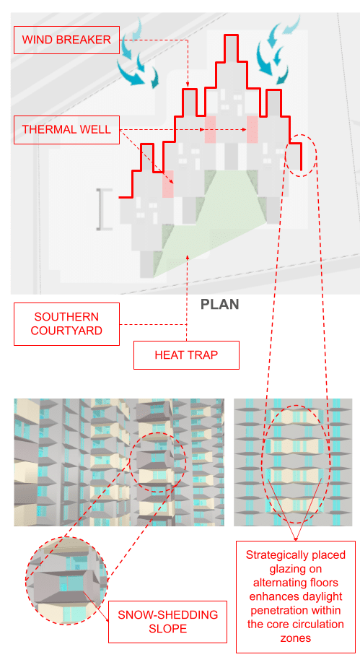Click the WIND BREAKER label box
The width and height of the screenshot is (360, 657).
click(x=66, y=40)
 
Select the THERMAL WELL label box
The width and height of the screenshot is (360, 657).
click(x=66, y=129)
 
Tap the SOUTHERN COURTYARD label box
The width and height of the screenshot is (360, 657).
click(x=66, y=324)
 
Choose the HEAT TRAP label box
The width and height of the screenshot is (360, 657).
click(x=186, y=355)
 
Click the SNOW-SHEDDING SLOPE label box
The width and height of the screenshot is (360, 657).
click(x=168, y=622)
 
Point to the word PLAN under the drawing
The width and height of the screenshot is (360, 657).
click(x=220, y=304)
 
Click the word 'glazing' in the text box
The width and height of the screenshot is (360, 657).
click(x=296, y=569)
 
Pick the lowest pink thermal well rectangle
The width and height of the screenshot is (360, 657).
click(x=168, y=184)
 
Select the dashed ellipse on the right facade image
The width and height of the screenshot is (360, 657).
click(x=263, y=464)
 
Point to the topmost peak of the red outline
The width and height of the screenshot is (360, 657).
click(x=231, y=35)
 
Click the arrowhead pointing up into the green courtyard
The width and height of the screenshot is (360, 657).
click(x=187, y=259)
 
